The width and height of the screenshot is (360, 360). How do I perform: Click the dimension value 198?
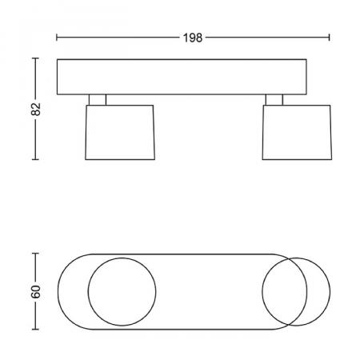click(x=193, y=38)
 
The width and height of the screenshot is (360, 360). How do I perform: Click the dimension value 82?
click(x=36, y=109)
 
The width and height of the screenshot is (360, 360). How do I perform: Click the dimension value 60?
click(x=36, y=291)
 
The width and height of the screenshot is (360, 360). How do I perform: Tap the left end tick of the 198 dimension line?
click(x=57, y=38)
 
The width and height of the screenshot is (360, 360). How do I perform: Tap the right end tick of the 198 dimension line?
click(x=330, y=38)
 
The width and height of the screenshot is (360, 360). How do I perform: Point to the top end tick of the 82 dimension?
click(x=35, y=58)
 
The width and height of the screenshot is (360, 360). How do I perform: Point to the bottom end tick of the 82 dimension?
click(x=35, y=159)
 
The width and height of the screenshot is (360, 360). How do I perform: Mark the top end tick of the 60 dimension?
click(x=35, y=254)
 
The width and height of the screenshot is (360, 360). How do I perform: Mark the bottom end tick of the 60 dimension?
click(x=35, y=330)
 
